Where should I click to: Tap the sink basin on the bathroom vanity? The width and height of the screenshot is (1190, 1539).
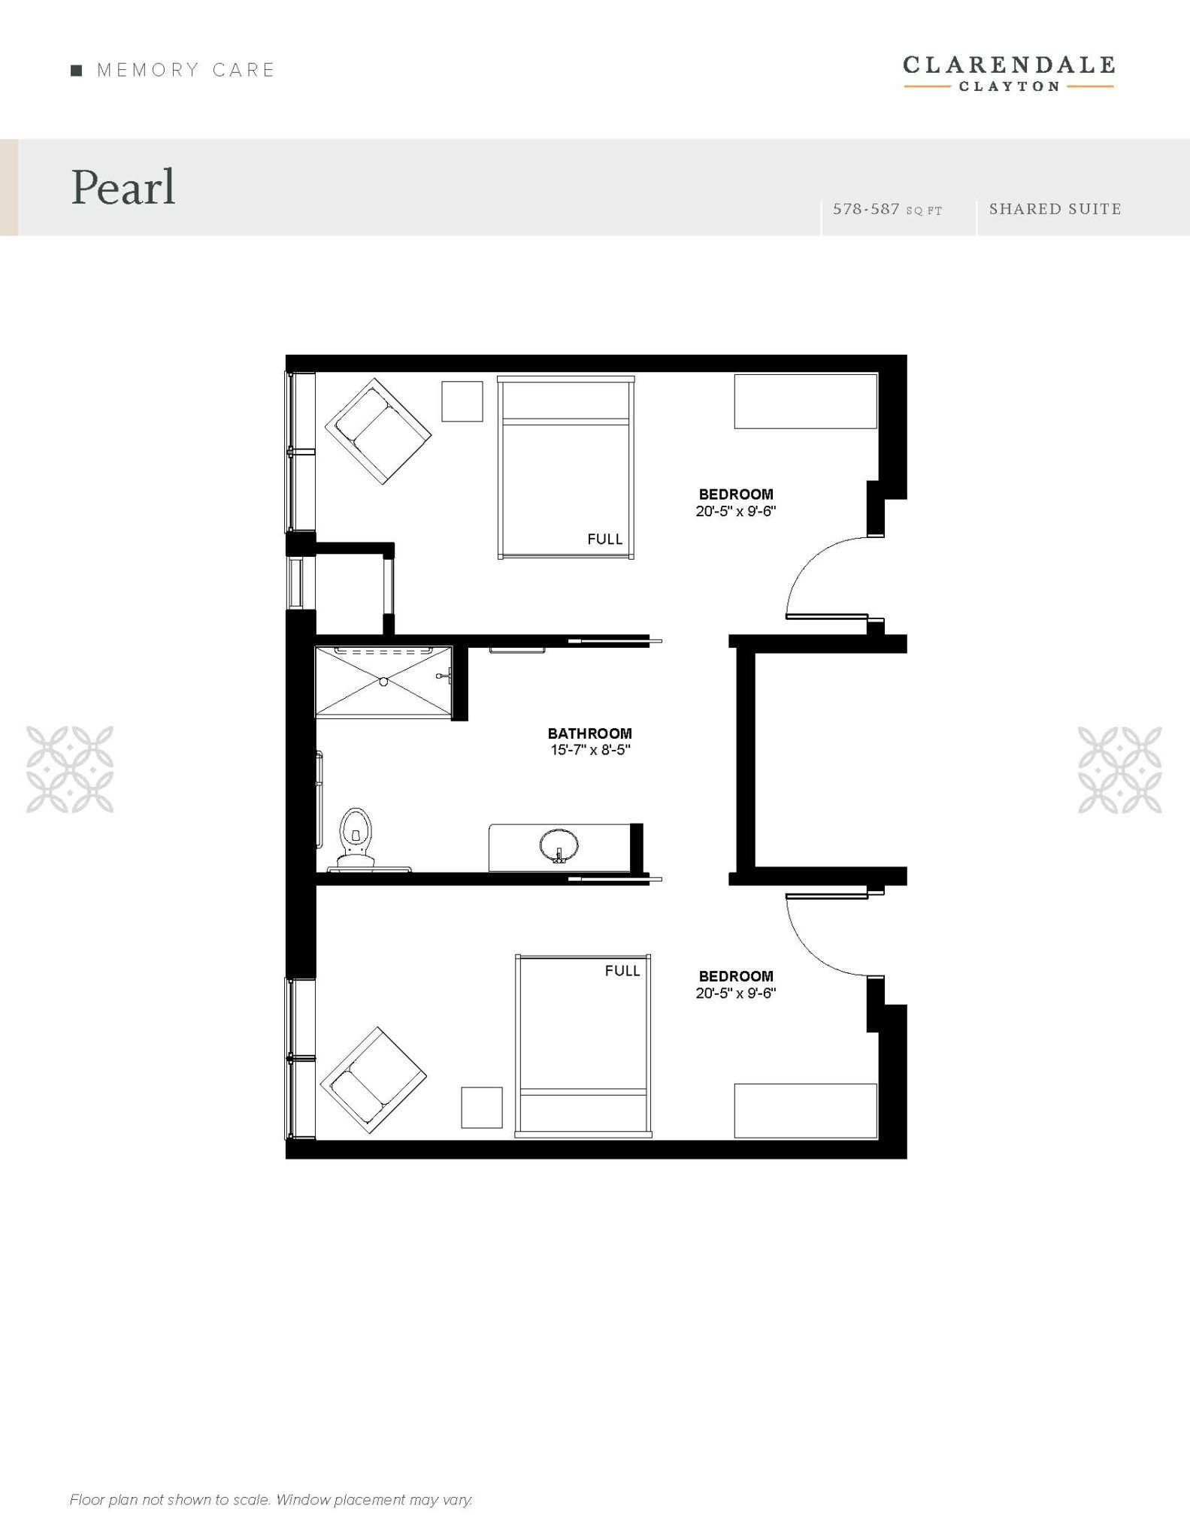coord(559,845)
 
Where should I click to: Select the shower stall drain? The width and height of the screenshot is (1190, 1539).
coord(383,682)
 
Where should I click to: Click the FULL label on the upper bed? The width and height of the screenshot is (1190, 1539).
coord(605,539)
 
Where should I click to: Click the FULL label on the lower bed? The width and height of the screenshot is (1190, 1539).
coord(622,971)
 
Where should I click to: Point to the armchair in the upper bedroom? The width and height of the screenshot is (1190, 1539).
coord(378,431)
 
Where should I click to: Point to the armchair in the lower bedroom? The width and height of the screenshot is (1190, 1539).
coord(374,1081)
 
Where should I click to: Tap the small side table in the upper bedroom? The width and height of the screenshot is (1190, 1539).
coord(462,401)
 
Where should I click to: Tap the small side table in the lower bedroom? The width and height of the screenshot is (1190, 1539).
coord(482,1107)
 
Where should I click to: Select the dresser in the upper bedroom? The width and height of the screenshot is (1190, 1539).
coord(806,401)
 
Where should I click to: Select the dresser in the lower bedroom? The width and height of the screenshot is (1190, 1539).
coord(806,1111)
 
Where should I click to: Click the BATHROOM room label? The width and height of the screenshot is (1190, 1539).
coord(590,733)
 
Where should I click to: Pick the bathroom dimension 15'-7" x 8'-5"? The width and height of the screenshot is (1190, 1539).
coord(590,750)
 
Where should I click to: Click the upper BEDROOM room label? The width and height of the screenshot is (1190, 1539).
coord(736,494)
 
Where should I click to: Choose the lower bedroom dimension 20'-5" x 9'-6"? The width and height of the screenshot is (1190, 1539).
coord(736,993)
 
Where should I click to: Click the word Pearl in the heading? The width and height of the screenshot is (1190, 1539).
coord(123,187)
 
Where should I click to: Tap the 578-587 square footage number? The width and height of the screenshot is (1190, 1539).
coord(866,209)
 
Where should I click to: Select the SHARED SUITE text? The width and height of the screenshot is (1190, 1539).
coord(1055,209)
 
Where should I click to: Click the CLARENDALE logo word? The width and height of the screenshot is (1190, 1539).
coord(1009,65)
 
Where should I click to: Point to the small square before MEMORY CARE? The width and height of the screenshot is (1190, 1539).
coord(76,71)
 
